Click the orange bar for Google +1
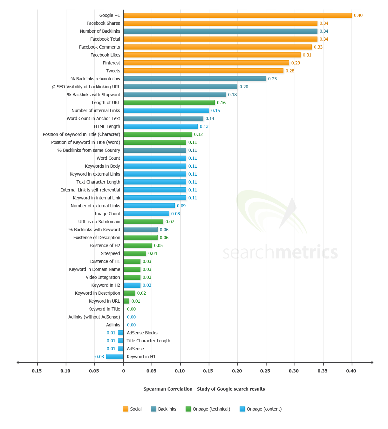tap(237, 15)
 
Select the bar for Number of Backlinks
tap(220, 31)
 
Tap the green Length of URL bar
tap(169, 103)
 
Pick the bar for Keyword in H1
tap(115, 357)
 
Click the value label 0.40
tap(358, 15)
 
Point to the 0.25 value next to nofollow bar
tap(272, 79)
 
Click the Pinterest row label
tap(111, 63)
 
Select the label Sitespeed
tap(110, 253)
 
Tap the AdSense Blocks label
tap(142, 333)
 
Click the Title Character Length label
tap(148, 341)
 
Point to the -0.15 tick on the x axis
tap(36, 371)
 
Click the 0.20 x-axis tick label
tap(237, 371)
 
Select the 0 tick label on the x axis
tap(124, 371)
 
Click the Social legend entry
tap(132, 409)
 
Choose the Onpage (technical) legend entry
tap(208, 409)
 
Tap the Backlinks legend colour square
tap(153, 409)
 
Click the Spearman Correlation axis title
tap(204, 389)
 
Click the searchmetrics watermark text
tap(280, 252)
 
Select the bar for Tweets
tap(203, 71)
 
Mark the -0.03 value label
tap(99, 357)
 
